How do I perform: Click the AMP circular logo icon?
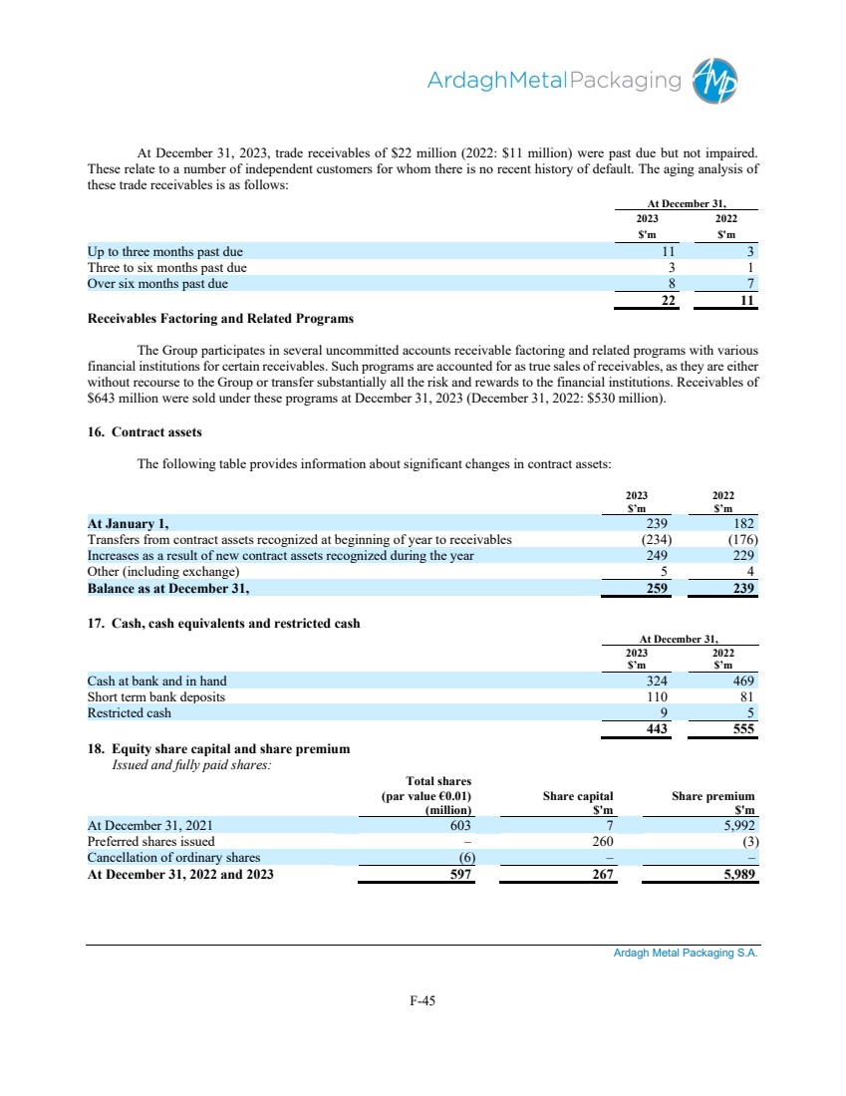715,81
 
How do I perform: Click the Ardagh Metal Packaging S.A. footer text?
685,953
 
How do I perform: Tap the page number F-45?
423,1002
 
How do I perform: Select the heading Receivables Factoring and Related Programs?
220,319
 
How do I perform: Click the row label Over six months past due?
157,284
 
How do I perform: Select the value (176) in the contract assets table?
741,540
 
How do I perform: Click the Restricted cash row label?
129,713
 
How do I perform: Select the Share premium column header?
713,796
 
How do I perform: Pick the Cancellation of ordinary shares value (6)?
464,858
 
